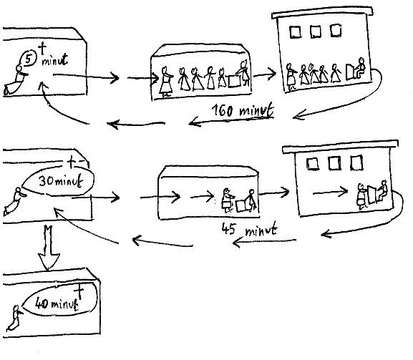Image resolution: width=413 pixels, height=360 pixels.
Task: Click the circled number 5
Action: [x=28, y=59]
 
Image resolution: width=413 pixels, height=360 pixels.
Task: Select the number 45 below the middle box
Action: [x=228, y=228]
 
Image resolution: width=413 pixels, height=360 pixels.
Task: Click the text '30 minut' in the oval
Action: [x=61, y=181]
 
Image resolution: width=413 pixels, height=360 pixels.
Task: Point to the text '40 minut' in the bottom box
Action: [x=57, y=303]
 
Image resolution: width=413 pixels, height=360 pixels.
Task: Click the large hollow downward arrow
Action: [x=49, y=248]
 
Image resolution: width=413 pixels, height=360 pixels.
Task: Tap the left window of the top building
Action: [x=296, y=32]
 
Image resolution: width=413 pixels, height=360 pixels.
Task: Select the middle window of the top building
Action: [x=316, y=31]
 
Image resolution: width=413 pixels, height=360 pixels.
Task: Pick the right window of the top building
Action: [x=336, y=30]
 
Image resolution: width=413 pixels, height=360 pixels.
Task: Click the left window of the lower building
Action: [x=313, y=164]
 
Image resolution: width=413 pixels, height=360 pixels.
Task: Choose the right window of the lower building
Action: [x=356, y=162]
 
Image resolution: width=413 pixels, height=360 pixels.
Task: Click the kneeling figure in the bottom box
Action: [x=14, y=318]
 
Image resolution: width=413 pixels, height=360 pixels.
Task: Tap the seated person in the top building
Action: [x=360, y=68]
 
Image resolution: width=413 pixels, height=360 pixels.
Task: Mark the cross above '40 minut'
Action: [x=79, y=293]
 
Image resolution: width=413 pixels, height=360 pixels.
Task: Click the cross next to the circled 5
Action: [x=42, y=49]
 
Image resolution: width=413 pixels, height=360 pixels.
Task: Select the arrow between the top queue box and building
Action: [x=264, y=74]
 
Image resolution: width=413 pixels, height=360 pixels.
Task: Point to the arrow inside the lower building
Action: [x=330, y=193]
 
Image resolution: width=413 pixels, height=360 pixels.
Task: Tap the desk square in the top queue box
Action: [x=235, y=81]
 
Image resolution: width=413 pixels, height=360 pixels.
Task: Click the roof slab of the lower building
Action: [x=340, y=147]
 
